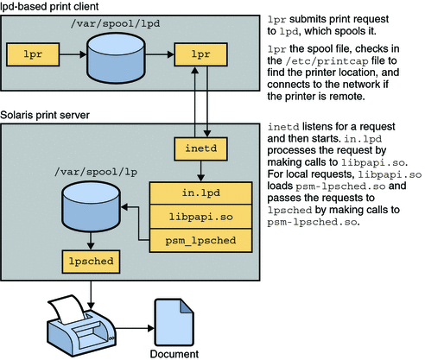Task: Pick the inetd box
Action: tap(200, 148)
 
